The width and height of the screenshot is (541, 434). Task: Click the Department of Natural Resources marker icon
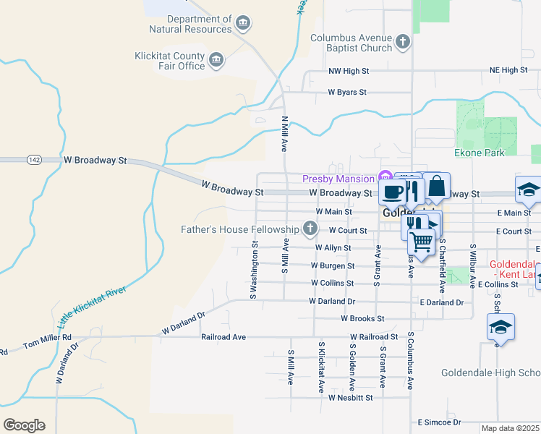[244, 24]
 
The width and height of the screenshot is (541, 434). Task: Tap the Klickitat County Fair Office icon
[216, 61]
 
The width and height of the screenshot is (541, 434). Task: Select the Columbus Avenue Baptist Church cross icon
[403, 43]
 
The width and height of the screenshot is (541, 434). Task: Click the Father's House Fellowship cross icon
[310, 230]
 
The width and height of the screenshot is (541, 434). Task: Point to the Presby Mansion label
[338, 178]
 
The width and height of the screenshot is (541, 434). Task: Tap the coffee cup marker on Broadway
[393, 192]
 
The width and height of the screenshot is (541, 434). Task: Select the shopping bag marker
[437, 187]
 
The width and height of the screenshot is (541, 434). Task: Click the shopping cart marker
[422, 240]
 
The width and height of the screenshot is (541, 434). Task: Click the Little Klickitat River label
[92, 312]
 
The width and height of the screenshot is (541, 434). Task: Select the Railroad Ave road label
[223, 337]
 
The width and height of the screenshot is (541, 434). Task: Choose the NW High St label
[349, 71]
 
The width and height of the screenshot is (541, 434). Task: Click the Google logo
[24, 425]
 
